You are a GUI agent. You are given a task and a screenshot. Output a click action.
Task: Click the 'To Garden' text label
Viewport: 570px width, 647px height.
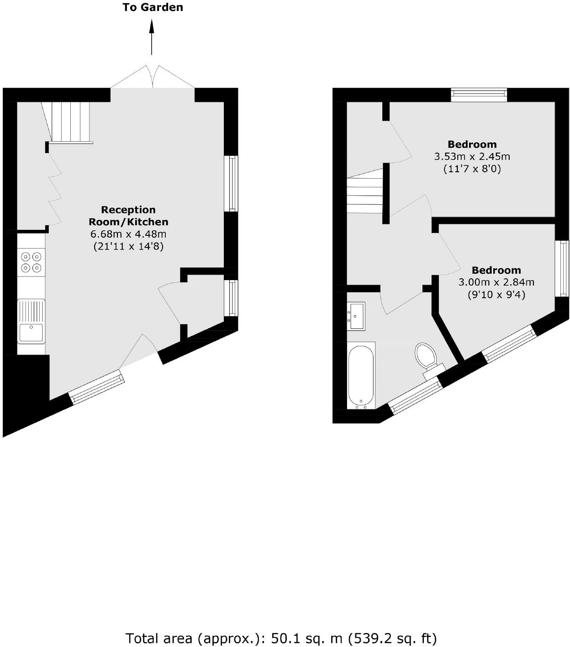coord(153,7)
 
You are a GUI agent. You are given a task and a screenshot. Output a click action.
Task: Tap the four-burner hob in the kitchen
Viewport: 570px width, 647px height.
coord(32,262)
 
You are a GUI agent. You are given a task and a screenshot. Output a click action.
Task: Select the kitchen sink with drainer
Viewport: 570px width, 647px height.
coord(31,321)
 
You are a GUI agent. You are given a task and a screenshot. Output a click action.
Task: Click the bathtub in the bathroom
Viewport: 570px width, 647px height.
coord(361,376)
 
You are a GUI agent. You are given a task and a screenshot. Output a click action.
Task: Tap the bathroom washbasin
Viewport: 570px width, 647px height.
coord(356,316)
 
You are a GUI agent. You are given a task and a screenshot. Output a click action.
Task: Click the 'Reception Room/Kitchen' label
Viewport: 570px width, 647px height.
coord(128,216)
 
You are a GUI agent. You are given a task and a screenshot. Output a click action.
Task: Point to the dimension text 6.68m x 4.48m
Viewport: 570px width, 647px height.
coord(128,234)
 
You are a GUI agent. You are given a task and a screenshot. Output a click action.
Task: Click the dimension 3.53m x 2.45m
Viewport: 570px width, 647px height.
coord(472,156)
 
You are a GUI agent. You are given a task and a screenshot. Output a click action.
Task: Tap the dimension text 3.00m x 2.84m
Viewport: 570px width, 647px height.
coord(496,282)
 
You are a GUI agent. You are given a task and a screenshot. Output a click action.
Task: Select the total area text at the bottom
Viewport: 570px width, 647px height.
coord(281,638)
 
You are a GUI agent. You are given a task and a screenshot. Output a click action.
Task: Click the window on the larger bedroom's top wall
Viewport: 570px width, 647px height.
coord(479,95)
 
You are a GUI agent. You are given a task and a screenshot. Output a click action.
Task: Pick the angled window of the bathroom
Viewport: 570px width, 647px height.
coord(416,392)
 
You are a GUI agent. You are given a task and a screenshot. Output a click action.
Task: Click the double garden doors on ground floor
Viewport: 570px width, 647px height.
coord(153,77)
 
